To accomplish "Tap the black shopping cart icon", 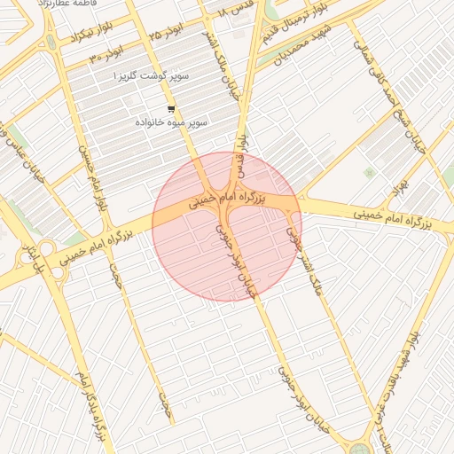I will coord(170,109).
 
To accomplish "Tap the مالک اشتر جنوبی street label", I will coord(307,267).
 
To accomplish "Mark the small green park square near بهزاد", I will coord(369,173).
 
